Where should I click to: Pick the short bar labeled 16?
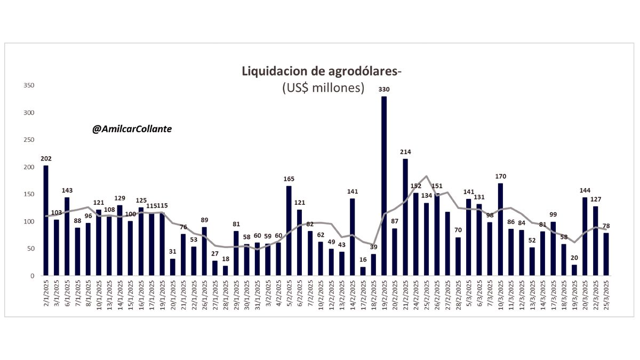(x=363, y=271)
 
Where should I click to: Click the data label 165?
(x=289, y=179)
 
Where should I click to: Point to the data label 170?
(x=500, y=176)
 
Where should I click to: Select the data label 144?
(x=585, y=190)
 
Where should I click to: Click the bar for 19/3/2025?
(x=574, y=270)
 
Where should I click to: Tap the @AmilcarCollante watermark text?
(x=132, y=129)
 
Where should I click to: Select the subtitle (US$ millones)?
(x=323, y=88)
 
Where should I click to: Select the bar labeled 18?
(x=226, y=270)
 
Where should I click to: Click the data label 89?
(x=204, y=220)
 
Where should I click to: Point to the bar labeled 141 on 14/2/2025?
(x=353, y=237)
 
